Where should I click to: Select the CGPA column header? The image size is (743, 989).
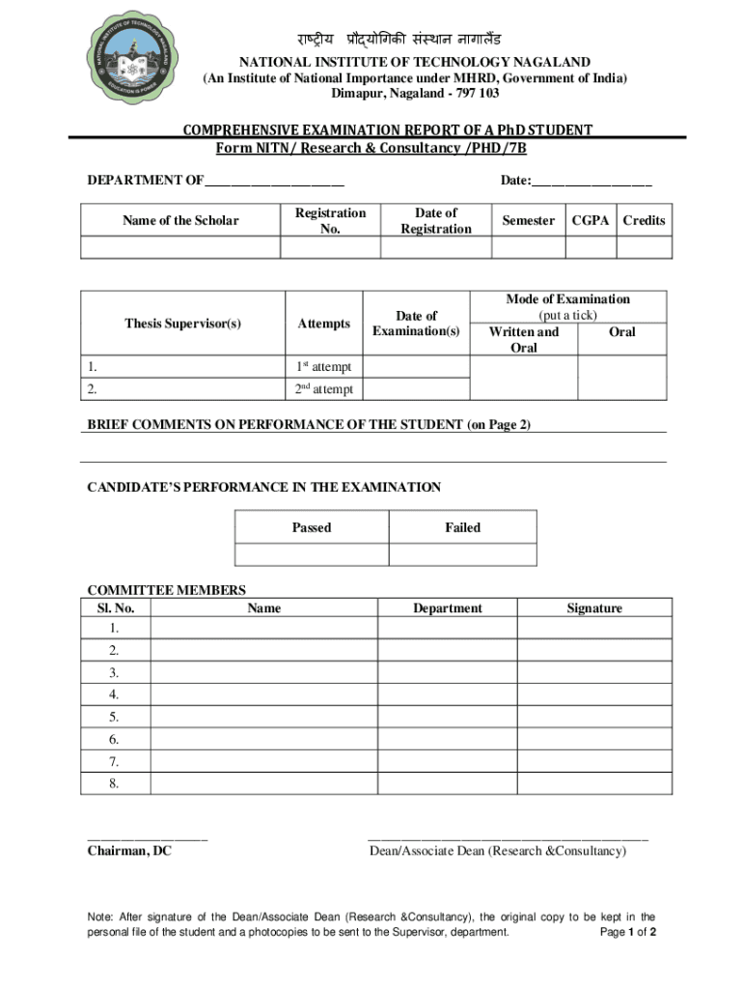pos(591,220)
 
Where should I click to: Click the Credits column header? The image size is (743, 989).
pos(644,220)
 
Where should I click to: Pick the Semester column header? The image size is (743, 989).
pos(528,220)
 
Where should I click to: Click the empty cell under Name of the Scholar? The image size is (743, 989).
pos(180,247)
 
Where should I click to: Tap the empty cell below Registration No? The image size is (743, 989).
pos(330,247)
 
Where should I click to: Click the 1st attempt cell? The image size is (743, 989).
pos(323,367)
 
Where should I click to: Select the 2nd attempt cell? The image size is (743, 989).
pos(323,389)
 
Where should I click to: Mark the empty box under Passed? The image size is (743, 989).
pos(312,554)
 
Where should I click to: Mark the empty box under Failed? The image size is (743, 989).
pos(462,554)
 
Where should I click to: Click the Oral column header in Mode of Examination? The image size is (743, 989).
pos(622,332)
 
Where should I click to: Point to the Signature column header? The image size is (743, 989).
pos(594,608)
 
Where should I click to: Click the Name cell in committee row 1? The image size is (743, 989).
pos(263,629)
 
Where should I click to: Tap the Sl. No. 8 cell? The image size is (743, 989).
pos(115,784)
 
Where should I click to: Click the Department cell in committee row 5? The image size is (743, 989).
pos(447,718)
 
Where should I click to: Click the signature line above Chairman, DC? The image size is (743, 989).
pos(147,836)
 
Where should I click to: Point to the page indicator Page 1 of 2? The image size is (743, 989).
pos(628,933)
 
